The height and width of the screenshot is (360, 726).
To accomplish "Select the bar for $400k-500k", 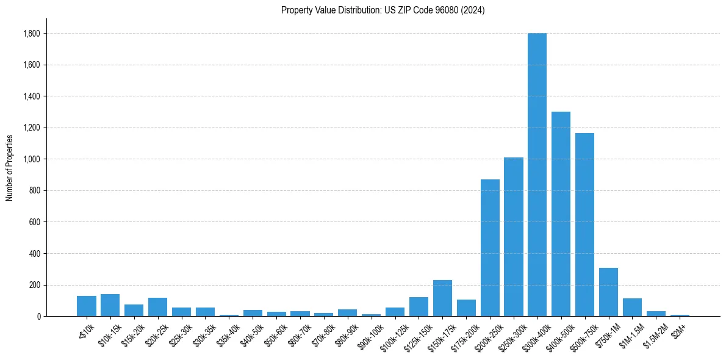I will pos(561,214).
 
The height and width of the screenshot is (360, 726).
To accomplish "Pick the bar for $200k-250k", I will pos(490,248).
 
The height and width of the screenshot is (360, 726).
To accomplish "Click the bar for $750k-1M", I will pos(608,292).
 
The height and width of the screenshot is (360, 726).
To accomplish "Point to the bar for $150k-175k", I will pos(442,298).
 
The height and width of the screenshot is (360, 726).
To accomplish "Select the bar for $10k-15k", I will pos(110,305).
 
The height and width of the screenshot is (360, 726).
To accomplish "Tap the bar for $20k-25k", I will pos(157,307).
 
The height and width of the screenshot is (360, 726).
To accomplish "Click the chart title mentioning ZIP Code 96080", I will pos(383,10).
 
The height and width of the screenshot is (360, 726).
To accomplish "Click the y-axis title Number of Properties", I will pos(10,167).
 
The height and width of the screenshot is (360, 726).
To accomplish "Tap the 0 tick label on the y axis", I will pos(38,316).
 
